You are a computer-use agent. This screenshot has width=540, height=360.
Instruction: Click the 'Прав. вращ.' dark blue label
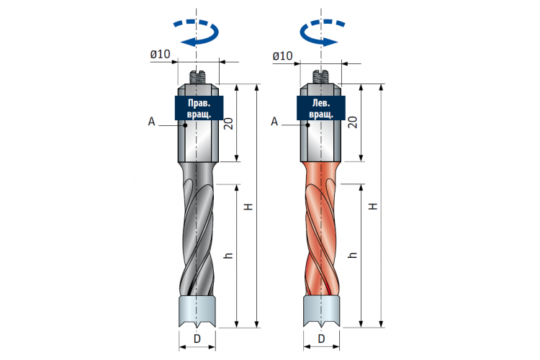(x=199, y=108)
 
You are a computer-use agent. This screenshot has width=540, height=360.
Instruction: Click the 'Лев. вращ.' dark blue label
(x=321, y=108)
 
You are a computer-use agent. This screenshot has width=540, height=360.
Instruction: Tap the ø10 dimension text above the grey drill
(x=160, y=54)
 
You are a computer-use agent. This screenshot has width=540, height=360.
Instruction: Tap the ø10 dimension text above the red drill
(x=282, y=56)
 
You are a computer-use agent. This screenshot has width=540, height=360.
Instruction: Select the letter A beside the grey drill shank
(x=151, y=122)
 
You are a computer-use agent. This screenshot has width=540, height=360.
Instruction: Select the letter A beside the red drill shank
(x=274, y=122)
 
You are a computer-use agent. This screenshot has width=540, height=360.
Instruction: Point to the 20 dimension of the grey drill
(x=229, y=123)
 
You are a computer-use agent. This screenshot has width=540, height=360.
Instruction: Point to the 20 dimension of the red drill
(x=353, y=122)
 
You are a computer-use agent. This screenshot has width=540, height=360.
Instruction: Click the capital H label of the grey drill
(x=248, y=207)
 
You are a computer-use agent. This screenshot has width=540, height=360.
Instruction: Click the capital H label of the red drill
(x=373, y=207)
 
